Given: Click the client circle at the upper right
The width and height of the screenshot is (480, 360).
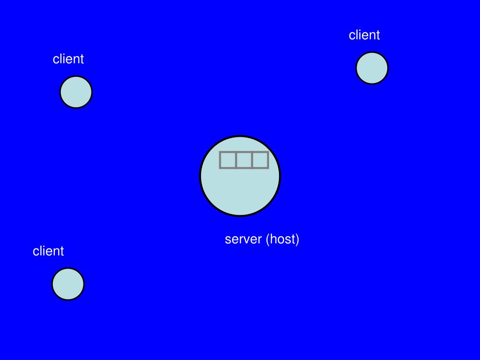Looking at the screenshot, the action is coord(372,68).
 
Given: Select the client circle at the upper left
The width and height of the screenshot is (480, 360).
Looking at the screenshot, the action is coord(76,92).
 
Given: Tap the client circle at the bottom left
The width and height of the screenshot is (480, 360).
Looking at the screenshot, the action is coord(68,284).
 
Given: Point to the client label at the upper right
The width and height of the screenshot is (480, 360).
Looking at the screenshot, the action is coord(364,35).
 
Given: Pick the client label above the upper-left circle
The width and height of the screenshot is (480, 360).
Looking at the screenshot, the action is coord(68,59).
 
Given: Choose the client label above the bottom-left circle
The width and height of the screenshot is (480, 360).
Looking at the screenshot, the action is coord(48,251).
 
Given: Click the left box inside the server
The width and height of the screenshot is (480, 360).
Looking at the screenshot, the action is coord(228,160).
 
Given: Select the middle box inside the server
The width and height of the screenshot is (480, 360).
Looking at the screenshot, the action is coord(244,160).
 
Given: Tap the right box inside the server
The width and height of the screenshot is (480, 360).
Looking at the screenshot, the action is coord(260,160).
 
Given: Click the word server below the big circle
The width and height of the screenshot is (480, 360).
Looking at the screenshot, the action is coord(243,240).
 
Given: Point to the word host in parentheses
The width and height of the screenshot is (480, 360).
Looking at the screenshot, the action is coord(282,239).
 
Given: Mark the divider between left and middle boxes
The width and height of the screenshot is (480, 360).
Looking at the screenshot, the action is coord(236,160).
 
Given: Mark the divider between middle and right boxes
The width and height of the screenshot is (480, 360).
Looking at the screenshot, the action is coord(252,160).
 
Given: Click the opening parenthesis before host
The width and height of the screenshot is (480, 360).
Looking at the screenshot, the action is coord(268,240).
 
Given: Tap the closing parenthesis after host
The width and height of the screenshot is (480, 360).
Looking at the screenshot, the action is coord(297,240).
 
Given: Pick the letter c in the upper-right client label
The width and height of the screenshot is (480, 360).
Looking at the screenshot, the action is coord(352,36).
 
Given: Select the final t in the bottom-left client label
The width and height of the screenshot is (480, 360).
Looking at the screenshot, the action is coord(62,251).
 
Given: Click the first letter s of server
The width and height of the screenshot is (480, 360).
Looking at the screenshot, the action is coord(228,240).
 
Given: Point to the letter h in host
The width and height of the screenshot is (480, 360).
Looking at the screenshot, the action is coord(273,239).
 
